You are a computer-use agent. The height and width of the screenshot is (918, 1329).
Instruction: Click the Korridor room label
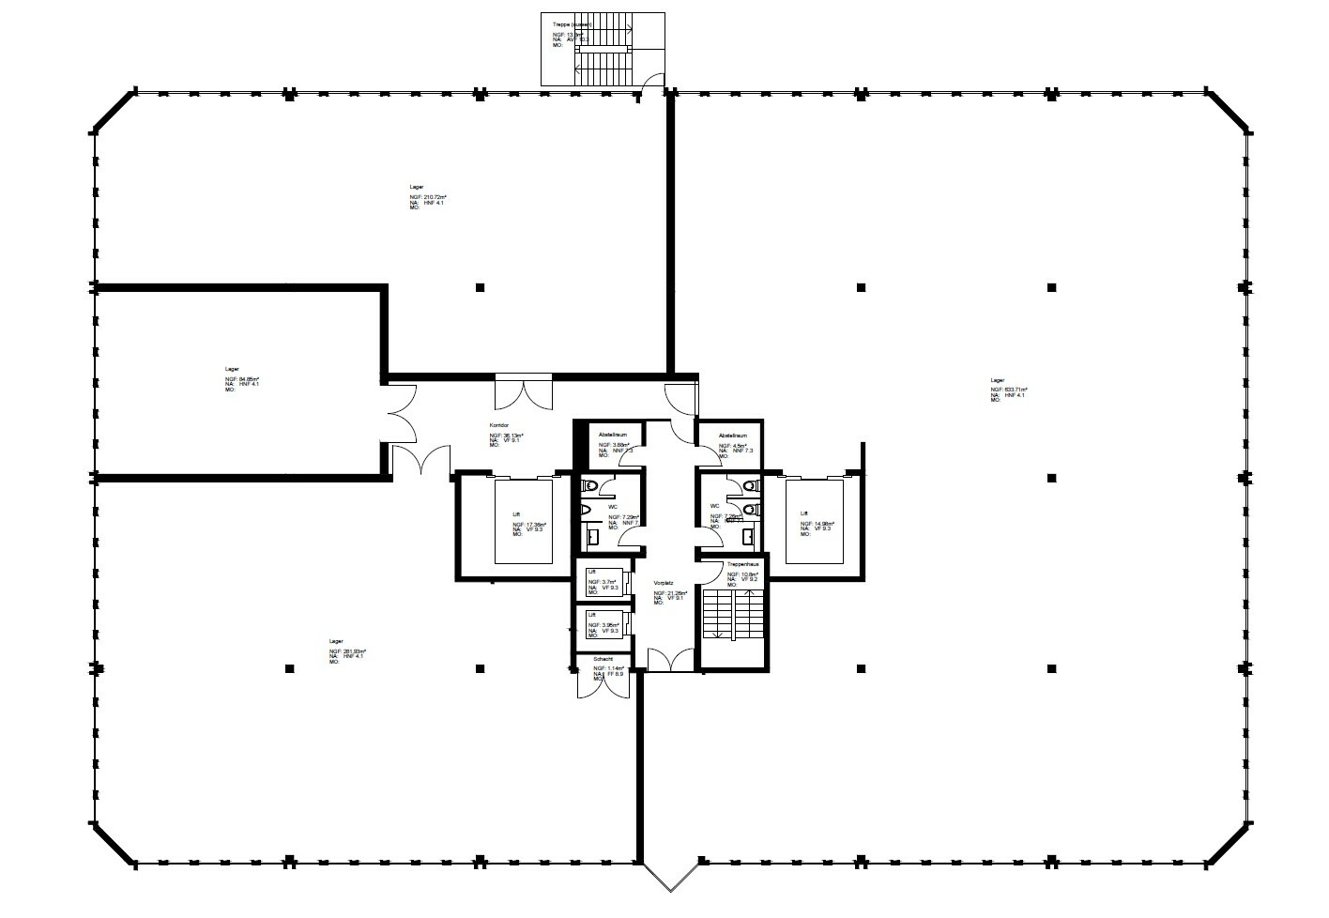[497, 425]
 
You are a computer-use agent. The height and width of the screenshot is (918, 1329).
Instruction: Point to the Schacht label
[603, 660]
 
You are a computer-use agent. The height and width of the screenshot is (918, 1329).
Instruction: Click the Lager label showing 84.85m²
[232, 369]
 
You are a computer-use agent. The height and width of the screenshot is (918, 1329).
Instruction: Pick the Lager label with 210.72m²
[416, 187]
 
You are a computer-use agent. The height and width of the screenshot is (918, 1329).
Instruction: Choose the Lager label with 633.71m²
[997, 380]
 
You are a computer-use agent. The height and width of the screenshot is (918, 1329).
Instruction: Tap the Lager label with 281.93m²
[335, 641]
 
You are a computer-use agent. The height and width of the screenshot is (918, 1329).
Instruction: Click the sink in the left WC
[593, 536]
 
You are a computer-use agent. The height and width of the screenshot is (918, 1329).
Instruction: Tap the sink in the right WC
[748, 536]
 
